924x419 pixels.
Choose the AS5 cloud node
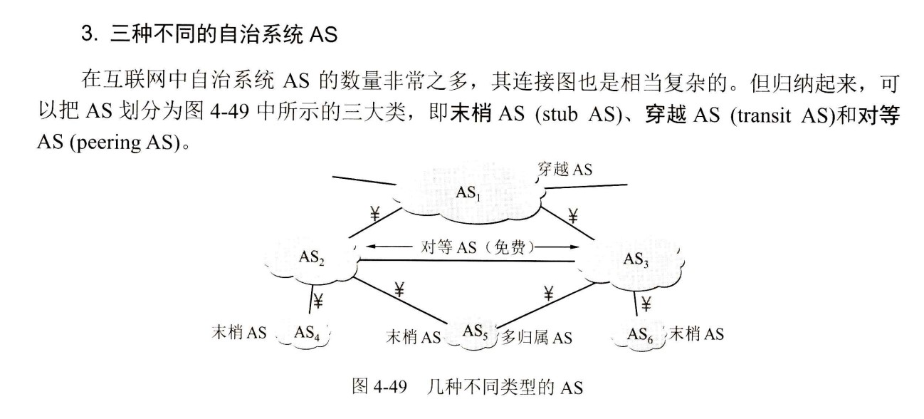475,332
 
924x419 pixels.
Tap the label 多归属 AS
537,336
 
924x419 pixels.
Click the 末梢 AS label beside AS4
239,333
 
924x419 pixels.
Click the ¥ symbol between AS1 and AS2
374,212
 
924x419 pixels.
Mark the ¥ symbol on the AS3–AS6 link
646,304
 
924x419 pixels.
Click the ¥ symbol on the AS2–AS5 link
399,289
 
